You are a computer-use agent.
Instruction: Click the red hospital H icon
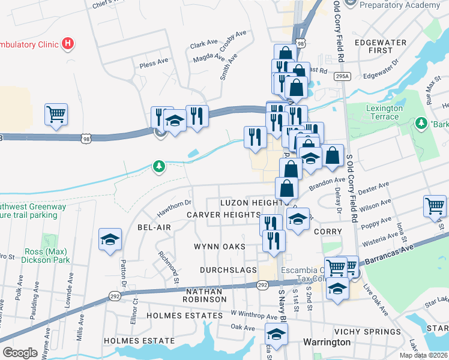coord(68,44)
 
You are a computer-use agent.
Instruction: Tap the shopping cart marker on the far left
coord(56,113)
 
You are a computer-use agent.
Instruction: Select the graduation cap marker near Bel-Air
coord(110,240)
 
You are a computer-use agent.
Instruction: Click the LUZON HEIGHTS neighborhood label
coord(250,203)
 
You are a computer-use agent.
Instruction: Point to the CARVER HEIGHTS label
coord(223,215)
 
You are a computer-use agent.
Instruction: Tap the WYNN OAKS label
coord(220,247)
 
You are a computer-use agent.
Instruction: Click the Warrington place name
coord(326,342)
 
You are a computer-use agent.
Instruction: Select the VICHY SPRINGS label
coord(367,332)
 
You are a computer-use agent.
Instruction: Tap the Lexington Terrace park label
coord(384,112)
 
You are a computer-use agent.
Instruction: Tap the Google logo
coord(20,353)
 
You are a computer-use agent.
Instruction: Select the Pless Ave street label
coord(153,63)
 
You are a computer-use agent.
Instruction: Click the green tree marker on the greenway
coord(158,166)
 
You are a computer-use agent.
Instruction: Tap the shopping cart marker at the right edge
coord(435,206)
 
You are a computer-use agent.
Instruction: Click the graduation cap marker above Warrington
coord(276,334)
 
